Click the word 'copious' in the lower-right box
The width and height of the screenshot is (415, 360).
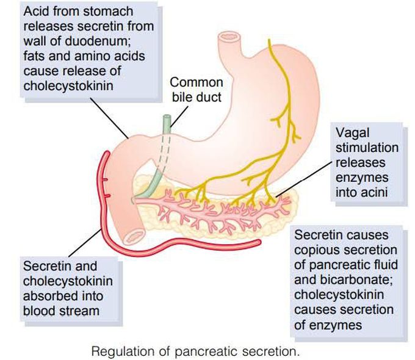314,251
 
